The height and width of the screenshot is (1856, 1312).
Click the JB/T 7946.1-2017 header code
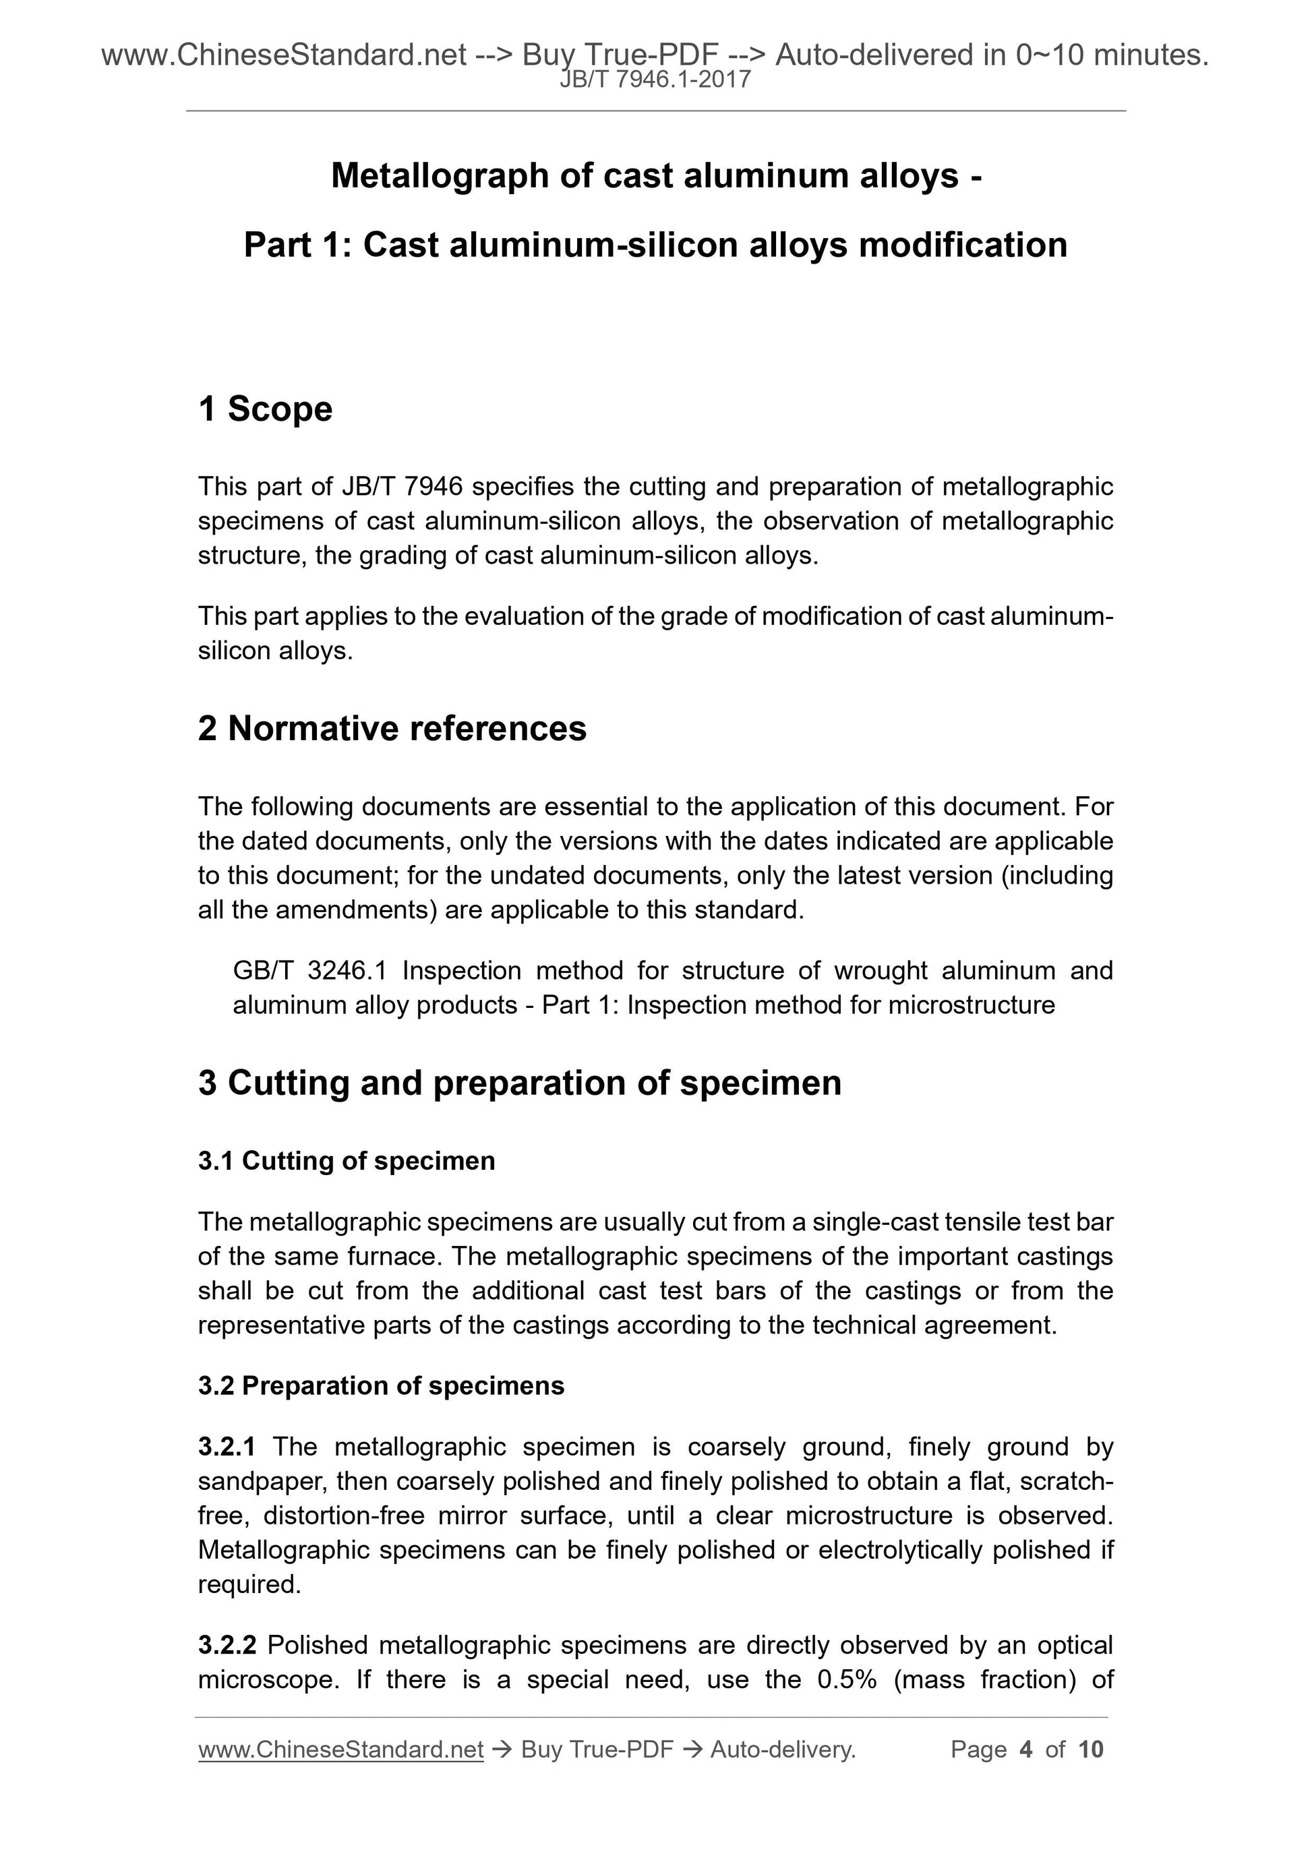pos(655,80)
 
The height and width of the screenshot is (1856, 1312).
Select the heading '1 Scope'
pos(265,409)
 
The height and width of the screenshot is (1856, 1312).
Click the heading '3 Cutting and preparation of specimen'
pos(520,1083)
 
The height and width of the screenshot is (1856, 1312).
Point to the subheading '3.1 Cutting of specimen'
pos(346,1161)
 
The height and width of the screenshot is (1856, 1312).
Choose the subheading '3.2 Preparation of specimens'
pos(381,1385)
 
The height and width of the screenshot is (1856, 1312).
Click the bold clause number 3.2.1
pos(227,1446)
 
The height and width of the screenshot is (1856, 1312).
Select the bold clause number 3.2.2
pos(227,1645)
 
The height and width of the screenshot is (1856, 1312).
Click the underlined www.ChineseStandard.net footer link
pos(340,1749)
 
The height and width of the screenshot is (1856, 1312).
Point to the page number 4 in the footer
pos(1026,1749)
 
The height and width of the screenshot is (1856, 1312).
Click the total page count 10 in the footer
pos(1090,1749)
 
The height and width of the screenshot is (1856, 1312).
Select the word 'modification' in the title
pos(963,245)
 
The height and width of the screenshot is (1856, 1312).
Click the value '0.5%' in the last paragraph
pos(846,1680)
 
